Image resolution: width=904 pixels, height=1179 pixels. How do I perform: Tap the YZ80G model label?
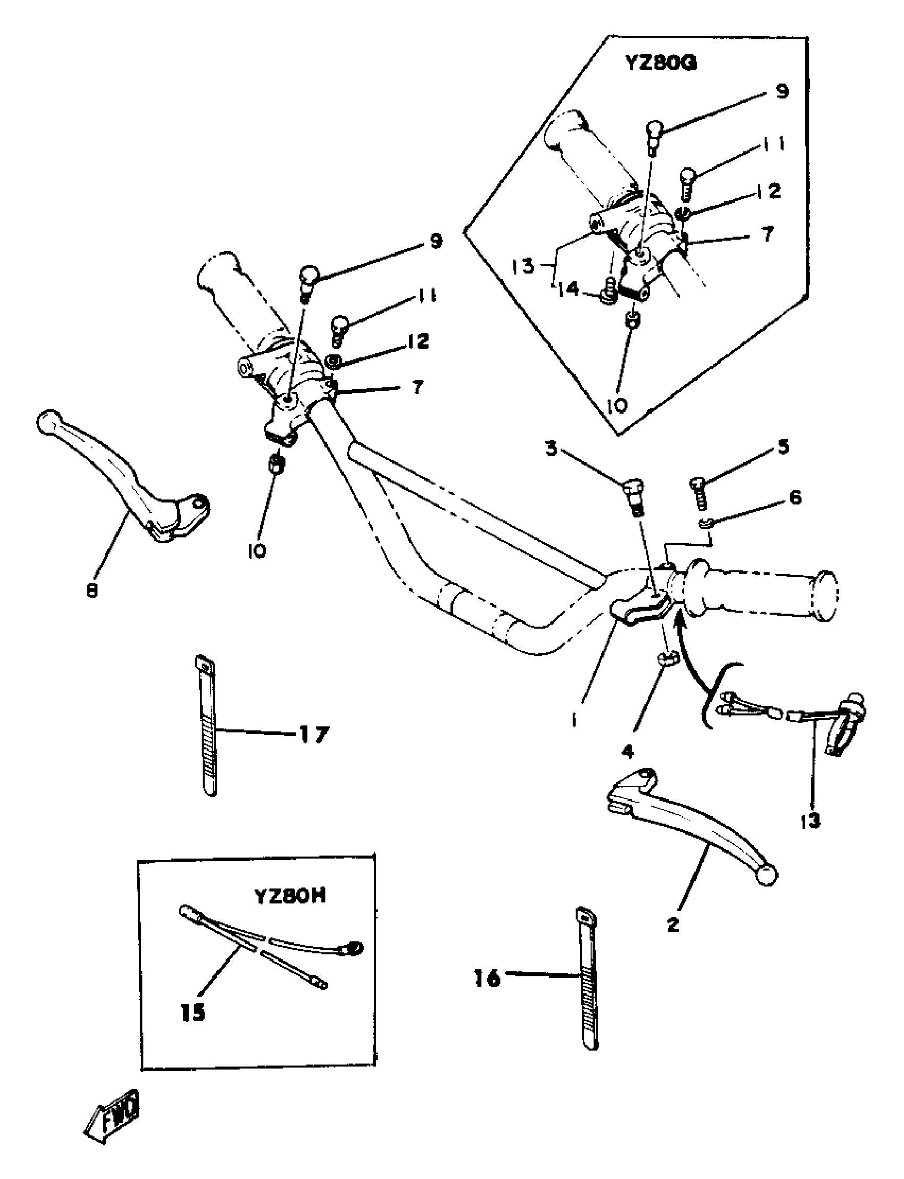[x=661, y=63]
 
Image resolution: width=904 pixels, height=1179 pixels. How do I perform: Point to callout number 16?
[x=488, y=979]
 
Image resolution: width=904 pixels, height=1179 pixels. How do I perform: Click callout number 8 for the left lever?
[x=91, y=591]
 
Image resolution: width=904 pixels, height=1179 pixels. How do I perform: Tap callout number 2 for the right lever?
[x=673, y=924]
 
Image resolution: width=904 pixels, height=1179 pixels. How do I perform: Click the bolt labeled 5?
[x=698, y=495]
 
